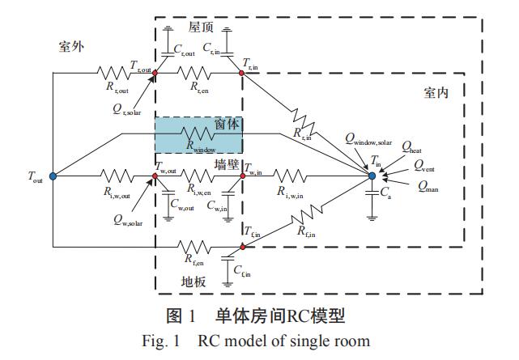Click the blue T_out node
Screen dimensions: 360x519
(x=53, y=176)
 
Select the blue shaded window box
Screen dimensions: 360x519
(x=198, y=135)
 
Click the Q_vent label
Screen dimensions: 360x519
(x=425, y=165)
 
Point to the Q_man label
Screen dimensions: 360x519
(x=429, y=186)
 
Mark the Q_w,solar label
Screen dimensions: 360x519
(x=129, y=221)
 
